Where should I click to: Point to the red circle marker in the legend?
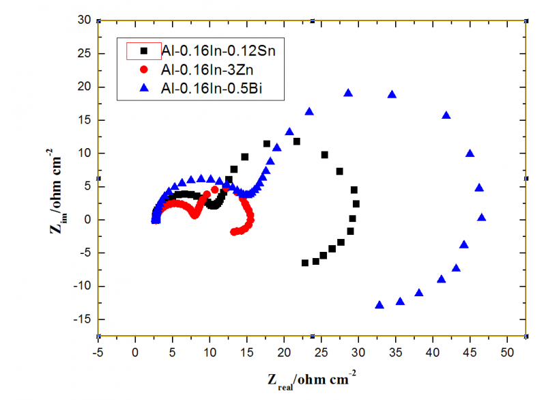pyautogui.click(x=144, y=69)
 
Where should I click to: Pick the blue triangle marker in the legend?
pyautogui.click(x=144, y=88)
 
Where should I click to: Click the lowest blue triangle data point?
pyautogui.click(x=379, y=305)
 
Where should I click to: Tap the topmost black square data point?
pyautogui.click(x=296, y=141)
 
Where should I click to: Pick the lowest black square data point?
pyautogui.click(x=305, y=263)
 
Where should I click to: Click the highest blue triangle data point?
pyautogui.click(x=348, y=93)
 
